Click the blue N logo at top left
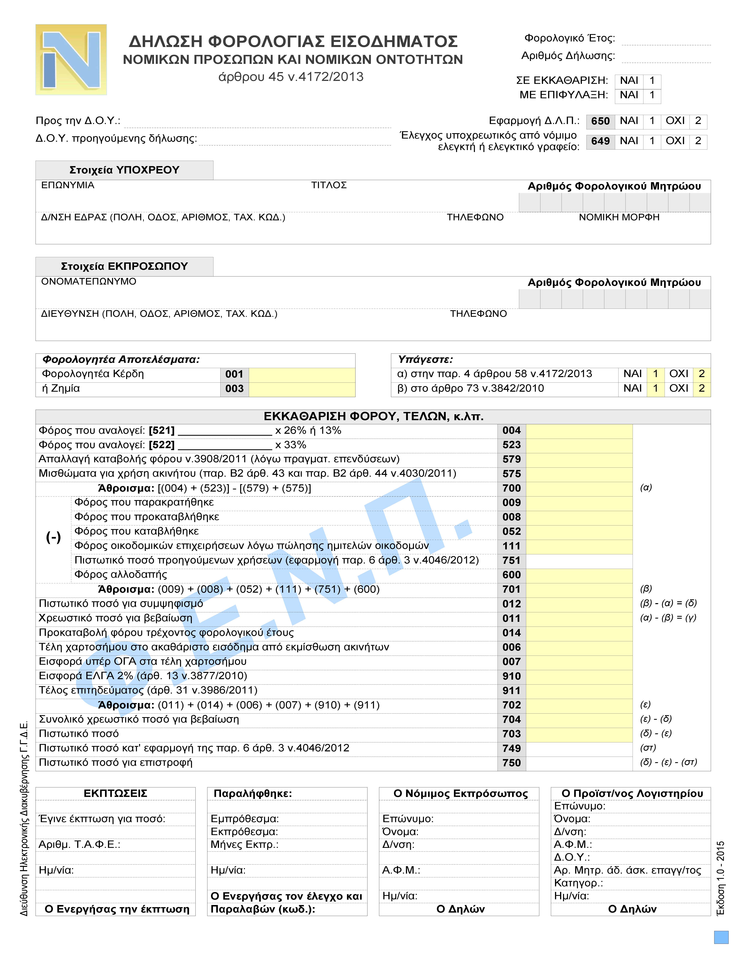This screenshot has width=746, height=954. point(71,60)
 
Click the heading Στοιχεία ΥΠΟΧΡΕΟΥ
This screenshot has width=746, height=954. point(124,170)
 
